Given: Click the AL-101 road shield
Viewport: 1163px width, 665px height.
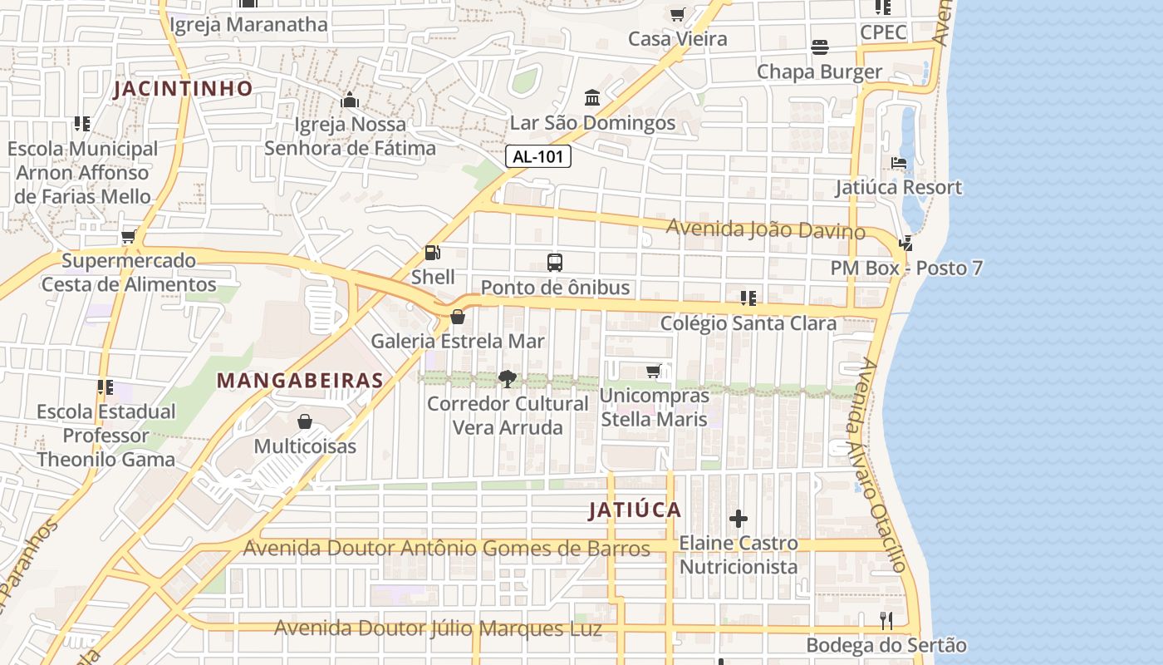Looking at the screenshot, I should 538,156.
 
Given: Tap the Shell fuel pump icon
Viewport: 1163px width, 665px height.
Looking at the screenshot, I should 432,253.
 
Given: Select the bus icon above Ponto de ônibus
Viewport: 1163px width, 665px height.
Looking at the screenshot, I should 555,263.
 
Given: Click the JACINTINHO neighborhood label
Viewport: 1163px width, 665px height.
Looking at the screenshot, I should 183,89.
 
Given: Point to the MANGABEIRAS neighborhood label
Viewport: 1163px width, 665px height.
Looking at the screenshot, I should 300,381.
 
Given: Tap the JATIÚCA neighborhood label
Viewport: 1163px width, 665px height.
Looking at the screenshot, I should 635,510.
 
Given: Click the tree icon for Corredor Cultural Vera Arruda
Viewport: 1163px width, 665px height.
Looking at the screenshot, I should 507,379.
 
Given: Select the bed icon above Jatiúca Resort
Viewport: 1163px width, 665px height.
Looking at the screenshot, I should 899,163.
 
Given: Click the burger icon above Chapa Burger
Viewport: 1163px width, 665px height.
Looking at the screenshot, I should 820,47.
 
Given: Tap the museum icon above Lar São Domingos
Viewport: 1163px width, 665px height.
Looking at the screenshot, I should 592,98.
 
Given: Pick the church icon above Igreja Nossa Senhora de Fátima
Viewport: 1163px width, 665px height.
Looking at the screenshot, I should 349,100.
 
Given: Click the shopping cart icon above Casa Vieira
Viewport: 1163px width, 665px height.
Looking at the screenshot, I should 677,14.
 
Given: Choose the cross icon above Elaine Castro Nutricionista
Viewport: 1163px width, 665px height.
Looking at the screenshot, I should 738,519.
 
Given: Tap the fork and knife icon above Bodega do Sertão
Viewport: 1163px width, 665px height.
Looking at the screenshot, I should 886,620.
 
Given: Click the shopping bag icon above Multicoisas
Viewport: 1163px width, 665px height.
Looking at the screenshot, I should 305,421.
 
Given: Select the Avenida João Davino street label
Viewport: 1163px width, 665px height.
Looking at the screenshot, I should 765,229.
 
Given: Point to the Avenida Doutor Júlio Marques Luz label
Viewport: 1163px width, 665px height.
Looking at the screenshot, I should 438,628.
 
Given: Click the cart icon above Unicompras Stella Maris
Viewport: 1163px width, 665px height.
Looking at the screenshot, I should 654,371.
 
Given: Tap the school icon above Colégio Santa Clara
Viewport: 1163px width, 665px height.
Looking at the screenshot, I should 748,298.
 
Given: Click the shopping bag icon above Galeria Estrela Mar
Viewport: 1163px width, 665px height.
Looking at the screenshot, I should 457,316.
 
